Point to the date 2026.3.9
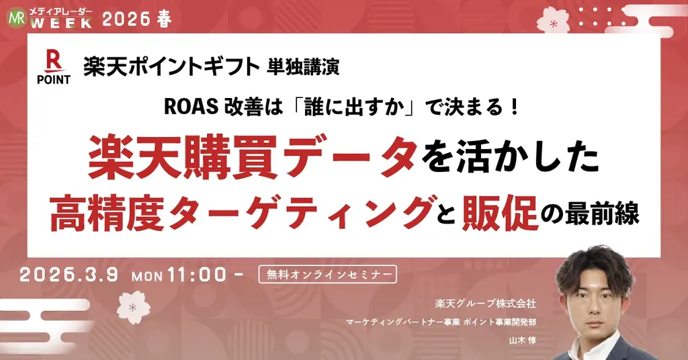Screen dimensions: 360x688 click(69, 275)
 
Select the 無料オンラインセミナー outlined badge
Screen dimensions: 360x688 click(327, 274)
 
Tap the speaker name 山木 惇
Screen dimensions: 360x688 click(522, 340)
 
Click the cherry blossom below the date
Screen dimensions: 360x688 click(132, 307)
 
